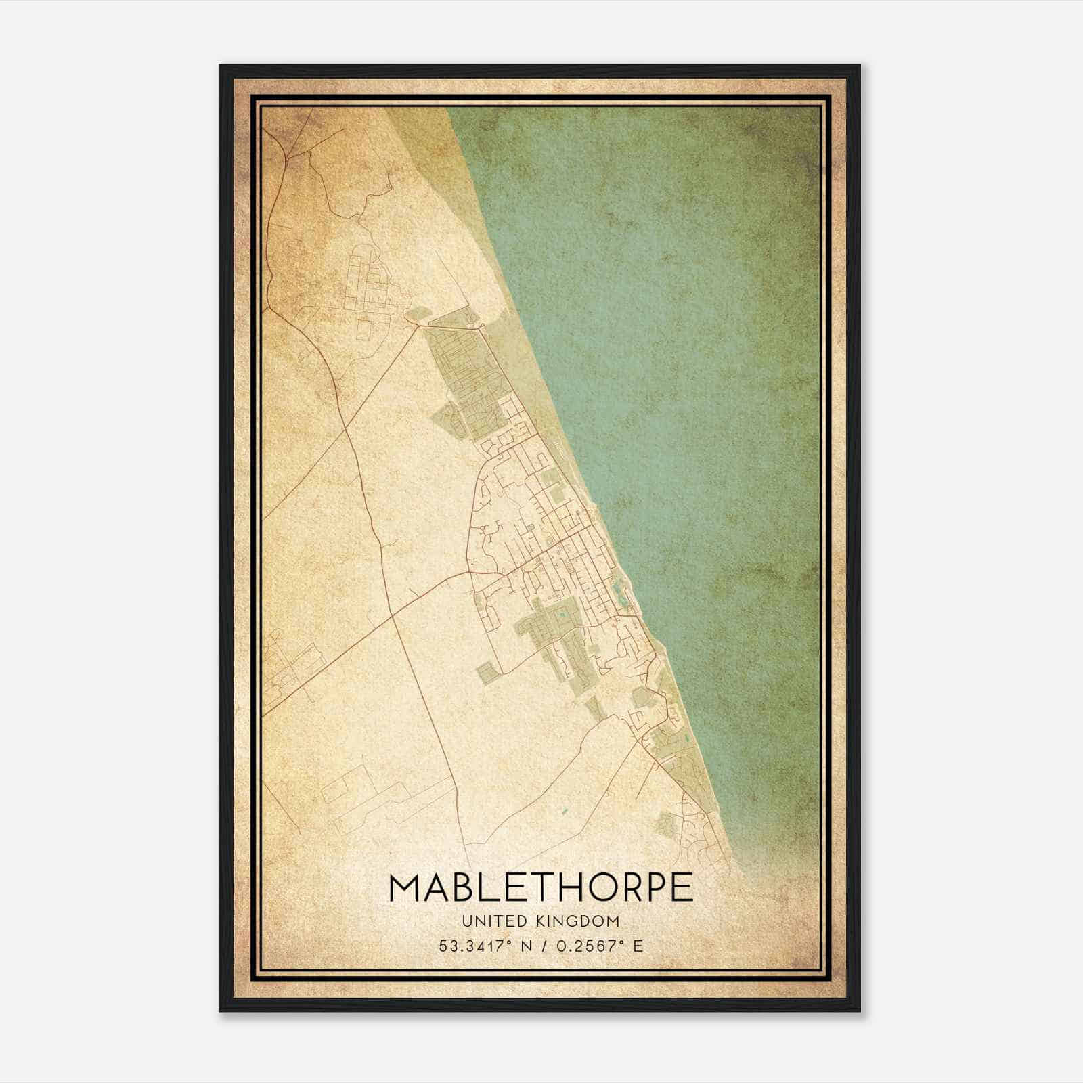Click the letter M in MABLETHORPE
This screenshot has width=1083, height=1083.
[406, 887]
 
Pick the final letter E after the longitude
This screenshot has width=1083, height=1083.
[638, 946]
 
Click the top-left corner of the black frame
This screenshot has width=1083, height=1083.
[220, 66]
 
